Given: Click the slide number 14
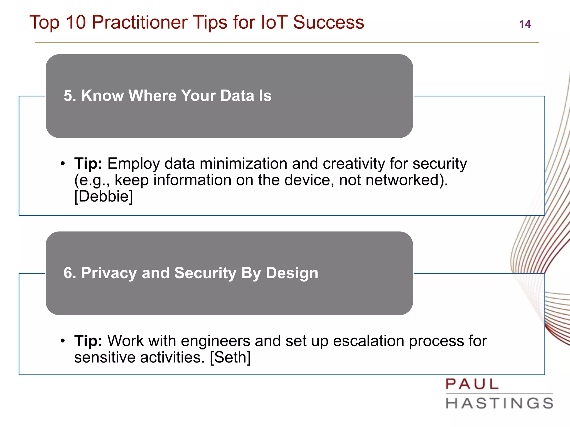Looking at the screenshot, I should click(x=525, y=24).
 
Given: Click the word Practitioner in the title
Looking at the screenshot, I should click(x=139, y=22).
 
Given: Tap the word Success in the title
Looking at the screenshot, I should click(x=328, y=22).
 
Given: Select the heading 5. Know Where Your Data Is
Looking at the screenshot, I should click(x=168, y=96).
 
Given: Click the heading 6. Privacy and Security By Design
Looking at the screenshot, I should click(x=191, y=273).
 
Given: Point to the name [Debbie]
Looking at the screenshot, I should click(x=104, y=196).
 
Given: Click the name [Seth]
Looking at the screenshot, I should click(x=230, y=357).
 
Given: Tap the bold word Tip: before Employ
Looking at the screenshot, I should click(x=88, y=163).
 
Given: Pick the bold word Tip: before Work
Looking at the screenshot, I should click(x=88, y=341).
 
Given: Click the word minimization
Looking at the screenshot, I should click(x=244, y=163).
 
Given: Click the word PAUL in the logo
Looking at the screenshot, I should click(x=472, y=384).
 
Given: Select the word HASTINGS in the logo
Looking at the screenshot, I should click(x=500, y=403).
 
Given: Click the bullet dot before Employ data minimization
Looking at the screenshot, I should click(x=63, y=163).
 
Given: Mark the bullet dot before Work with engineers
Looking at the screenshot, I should click(x=63, y=341).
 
